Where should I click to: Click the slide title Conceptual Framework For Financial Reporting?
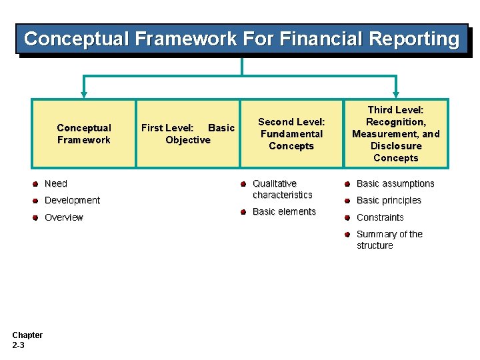point(241,39)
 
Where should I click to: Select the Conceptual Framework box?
point(83,133)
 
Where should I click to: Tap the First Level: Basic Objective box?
point(188,133)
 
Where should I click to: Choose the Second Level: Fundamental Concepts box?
point(291,133)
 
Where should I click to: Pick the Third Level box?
point(396,133)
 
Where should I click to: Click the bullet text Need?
point(56,183)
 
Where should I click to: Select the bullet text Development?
point(72,200)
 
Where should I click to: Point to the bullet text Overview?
point(64,217)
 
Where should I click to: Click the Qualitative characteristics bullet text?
point(282,189)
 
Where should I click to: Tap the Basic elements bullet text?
point(284,211)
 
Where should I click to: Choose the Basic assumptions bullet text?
point(395,183)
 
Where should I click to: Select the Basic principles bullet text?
point(389,200)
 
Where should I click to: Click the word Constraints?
point(380,217)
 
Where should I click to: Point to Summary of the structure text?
point(389,239)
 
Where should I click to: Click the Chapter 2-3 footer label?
point(27,339)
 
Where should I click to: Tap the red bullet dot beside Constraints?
point(347,217)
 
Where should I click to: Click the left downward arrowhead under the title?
point(84,94)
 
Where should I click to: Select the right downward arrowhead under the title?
point(397,94)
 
